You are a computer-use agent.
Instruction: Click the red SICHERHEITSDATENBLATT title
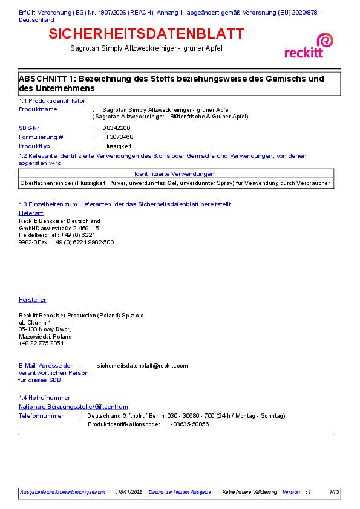click(146, 33)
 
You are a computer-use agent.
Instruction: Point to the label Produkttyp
click(34, 146)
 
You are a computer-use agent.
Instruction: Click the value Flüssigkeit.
click(117, 146)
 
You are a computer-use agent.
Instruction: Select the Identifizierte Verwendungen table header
click(174, 173)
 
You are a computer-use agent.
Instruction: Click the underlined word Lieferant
click(31, 213)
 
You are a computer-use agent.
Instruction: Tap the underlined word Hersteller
click(33, 300)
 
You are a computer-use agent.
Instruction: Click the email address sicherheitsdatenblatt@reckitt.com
click(142, 365)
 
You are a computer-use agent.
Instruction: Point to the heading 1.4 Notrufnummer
click(44, 398)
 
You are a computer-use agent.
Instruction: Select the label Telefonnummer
click(41, 416)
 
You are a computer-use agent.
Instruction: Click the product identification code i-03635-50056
click(188, 424)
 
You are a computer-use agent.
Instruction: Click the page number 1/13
click(334, 492)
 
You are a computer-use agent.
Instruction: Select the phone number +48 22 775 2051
click(41, 343)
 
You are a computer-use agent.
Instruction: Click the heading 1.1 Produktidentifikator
click(52, 100)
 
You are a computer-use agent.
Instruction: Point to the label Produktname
click(38, 109)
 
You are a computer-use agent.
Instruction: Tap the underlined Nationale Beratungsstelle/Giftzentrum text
click(73, 407)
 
